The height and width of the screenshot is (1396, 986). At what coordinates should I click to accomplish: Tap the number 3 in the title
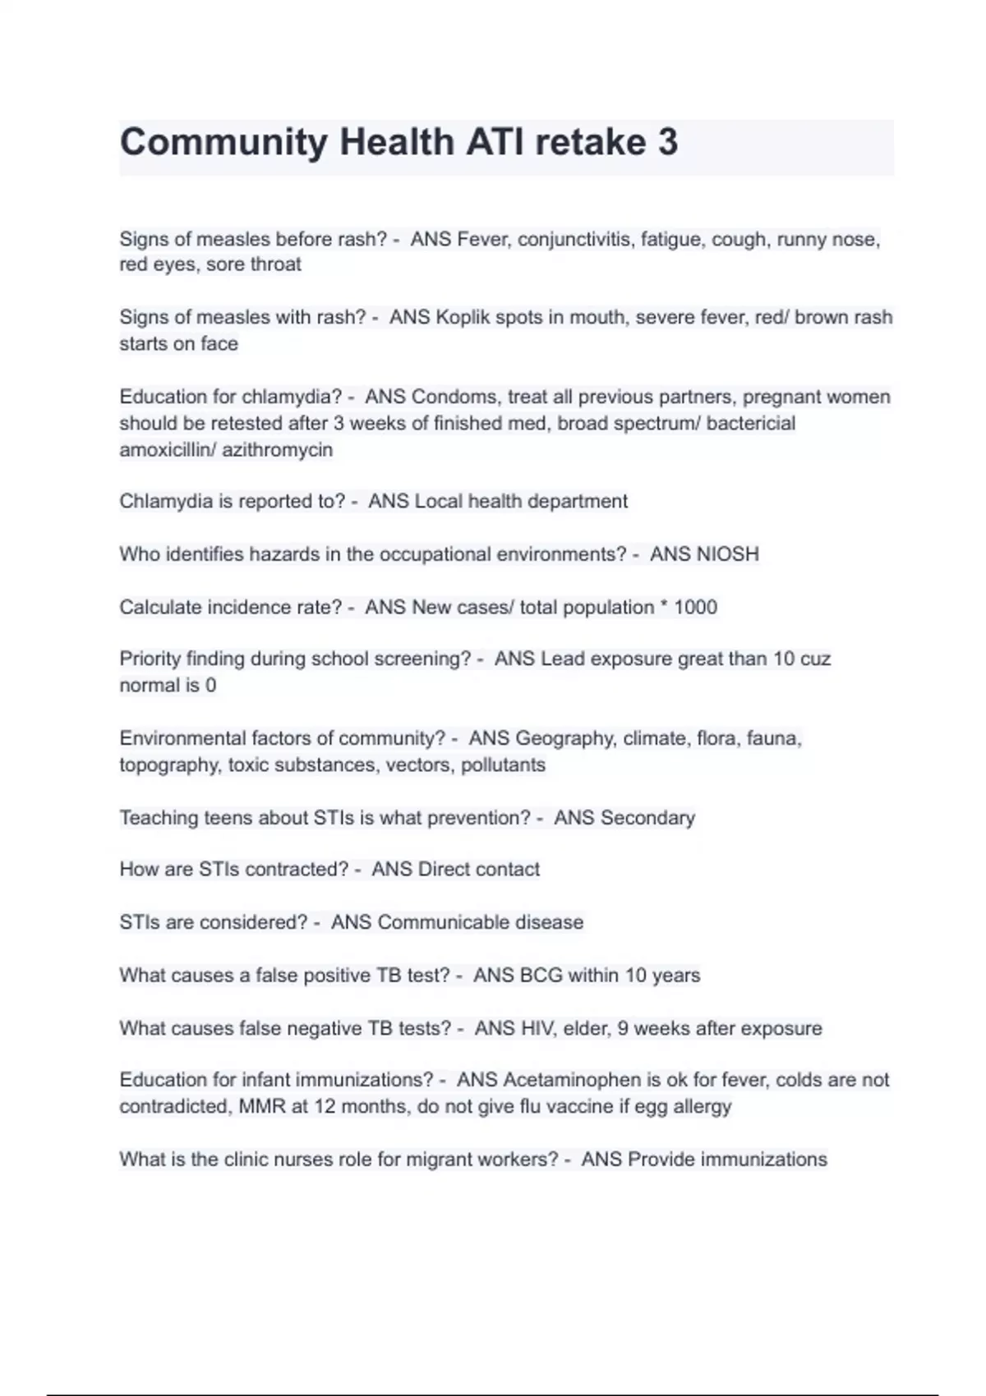point(667,142)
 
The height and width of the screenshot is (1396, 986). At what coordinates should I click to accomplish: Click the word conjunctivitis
point(575,239)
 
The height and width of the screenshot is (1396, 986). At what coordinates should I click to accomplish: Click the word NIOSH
point(726,554)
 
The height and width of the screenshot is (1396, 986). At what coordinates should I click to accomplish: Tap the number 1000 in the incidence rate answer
point(695,607)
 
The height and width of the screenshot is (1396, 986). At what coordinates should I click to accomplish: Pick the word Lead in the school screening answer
point(562,659)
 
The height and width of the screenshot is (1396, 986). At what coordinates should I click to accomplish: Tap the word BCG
point(541,976)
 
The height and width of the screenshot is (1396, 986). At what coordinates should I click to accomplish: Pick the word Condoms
point(454,397)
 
